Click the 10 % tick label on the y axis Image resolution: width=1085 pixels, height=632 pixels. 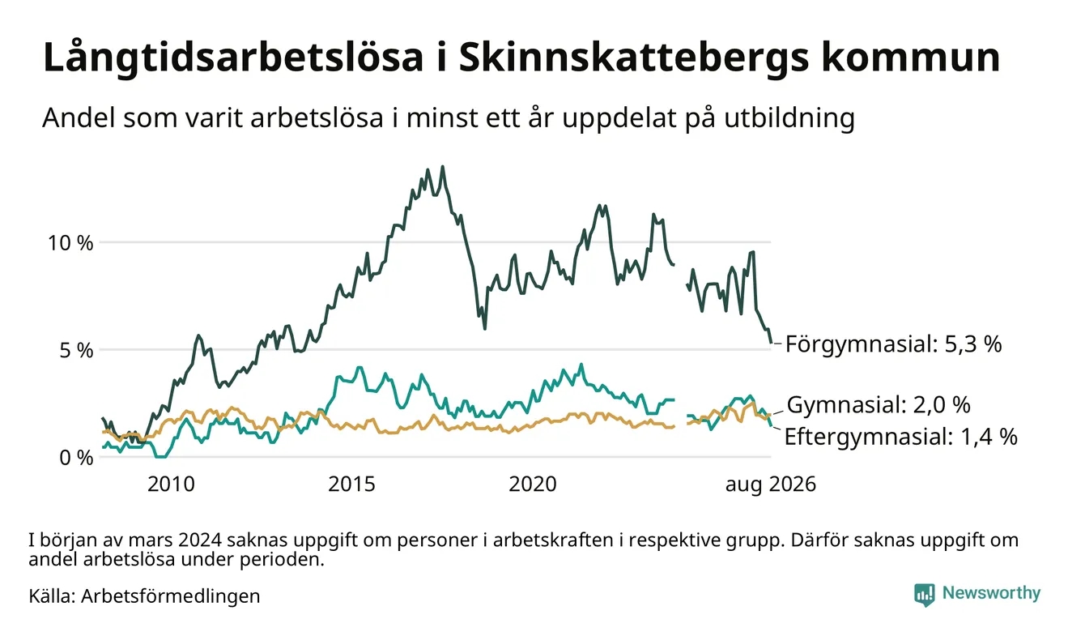[70, 243]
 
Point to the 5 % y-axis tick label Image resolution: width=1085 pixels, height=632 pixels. [76, 350]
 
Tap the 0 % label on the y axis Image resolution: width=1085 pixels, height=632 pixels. [76, 458]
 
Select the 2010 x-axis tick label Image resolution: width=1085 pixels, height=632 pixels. [171, 485]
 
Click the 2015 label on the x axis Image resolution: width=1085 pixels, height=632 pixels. [351, 485]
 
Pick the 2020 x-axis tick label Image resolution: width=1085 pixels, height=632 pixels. [533, 485]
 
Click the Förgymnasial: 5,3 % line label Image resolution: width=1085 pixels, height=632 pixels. [894, 344]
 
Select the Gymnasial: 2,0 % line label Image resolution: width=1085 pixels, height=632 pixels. [879, 404]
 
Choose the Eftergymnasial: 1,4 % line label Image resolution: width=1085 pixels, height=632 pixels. [901, 437]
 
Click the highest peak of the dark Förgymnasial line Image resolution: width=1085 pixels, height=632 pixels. [442, 167]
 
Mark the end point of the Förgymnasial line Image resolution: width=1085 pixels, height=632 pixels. [771, 343]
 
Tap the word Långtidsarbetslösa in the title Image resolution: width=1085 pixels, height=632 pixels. [233, 58]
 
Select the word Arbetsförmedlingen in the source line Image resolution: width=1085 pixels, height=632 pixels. [171, 596]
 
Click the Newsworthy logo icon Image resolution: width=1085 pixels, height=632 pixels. [925, 595]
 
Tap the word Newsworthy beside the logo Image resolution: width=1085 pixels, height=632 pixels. [992, 594]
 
